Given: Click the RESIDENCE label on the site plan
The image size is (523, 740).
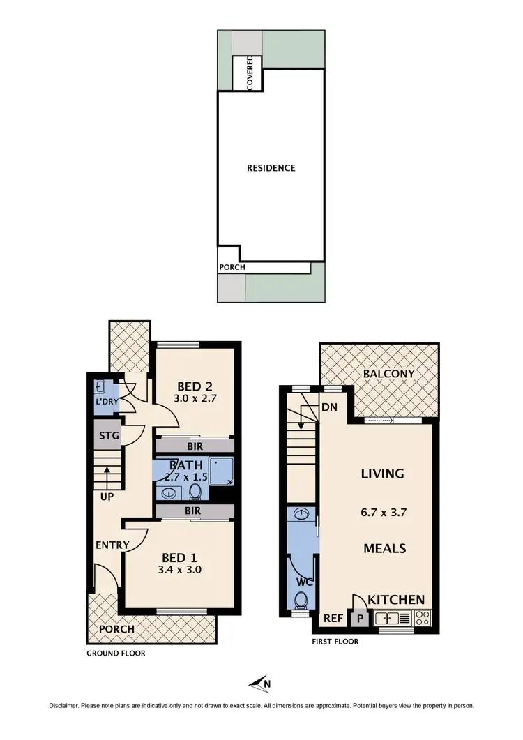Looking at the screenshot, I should coord(271,168).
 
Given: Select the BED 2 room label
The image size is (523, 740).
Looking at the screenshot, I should coord(195,386).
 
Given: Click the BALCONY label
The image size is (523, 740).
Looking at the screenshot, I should coord(388,374).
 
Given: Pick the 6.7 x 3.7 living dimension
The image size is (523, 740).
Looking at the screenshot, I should coord(384,511).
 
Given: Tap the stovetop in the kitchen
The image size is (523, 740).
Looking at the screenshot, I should coord(422,617).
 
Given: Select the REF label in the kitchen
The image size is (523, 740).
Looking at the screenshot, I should coord(332,617).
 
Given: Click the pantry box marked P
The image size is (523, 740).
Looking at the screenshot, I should coord(360,618).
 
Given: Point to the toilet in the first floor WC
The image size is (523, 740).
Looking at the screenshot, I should coord(301,600).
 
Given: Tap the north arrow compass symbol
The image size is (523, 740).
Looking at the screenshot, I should coord(261,684).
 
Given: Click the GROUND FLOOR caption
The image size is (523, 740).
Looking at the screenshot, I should coord(116,654).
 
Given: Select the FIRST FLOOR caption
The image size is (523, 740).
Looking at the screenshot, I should coord(335,641).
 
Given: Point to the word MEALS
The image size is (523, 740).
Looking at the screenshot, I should coord(384,548).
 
